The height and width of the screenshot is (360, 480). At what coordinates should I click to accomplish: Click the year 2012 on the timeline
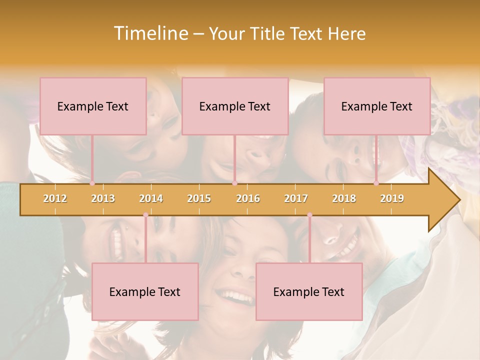(x=55, y=198)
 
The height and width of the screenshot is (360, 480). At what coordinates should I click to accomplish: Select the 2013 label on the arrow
(x=103, y=198)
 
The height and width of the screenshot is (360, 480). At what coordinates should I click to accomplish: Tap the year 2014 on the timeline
(x=151, y=198)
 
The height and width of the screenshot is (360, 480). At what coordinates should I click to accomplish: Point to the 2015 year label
(x=199, y=198)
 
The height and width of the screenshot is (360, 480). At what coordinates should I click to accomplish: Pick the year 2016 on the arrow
(x=248, y=198)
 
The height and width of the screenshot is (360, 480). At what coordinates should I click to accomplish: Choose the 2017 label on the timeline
(x=296, y=198)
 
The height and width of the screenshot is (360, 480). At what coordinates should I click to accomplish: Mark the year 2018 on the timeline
(x=344, y=198)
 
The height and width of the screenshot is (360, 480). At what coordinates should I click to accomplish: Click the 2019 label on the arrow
(x=392, y=198)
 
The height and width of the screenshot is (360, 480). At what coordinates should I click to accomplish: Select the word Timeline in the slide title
(x=150, y=33)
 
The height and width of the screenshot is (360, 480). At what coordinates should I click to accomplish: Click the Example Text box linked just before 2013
(x=93, y=106)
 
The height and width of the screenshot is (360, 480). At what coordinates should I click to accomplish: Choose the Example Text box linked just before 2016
(x=235, y=106)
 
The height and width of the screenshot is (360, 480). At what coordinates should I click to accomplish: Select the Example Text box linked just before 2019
(x=377, y=106)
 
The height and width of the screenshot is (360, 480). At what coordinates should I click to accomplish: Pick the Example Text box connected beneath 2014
(x=145, y=291)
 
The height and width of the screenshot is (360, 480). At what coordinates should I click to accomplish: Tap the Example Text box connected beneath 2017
(x=309, y=291)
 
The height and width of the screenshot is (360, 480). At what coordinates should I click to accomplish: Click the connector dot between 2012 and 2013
(x=92, y=183)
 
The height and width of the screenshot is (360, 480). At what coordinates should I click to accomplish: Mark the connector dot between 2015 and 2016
(x=234, y=183)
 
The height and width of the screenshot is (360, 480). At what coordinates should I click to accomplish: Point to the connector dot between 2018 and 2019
(x=376, y=183)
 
